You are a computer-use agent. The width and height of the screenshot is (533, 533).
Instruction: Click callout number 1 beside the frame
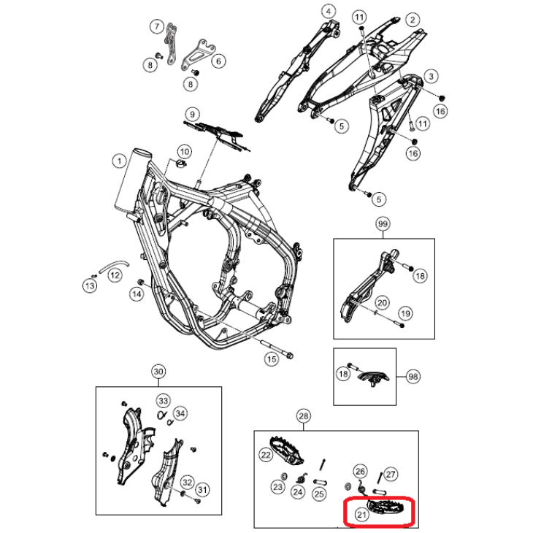(116, 159)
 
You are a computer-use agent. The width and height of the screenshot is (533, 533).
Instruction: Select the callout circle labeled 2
(413, 19)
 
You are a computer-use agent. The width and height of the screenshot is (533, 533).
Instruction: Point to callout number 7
(156, 27)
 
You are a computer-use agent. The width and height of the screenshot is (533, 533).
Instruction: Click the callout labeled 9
(191, 114)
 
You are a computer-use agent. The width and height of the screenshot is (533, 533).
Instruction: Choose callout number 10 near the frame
(184, 151)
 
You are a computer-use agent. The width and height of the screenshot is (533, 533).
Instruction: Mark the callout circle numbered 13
(89, 286)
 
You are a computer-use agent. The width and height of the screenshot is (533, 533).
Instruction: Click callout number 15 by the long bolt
(271, 358)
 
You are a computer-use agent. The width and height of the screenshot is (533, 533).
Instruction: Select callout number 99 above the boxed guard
(383, 224)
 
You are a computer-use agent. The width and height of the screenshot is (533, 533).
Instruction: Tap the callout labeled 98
(413, 376)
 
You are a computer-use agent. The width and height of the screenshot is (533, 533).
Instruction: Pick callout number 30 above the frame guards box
(158, 372)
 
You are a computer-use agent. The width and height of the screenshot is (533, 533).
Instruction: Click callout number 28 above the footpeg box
(303, 416)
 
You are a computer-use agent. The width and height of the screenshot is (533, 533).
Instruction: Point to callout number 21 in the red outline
(361, 514)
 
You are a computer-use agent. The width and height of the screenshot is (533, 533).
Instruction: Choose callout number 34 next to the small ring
(180, 414)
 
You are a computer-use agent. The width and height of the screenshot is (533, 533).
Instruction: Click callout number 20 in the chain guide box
(381, 302)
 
